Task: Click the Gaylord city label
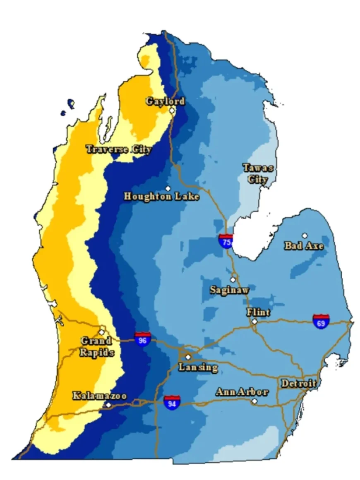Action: (165, 101)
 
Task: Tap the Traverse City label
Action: (118, 149)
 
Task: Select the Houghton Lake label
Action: (161, 196)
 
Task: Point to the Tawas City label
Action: (257, 173)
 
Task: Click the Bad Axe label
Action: (304, 246)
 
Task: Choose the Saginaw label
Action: (229, 290)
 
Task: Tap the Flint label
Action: (258, 312)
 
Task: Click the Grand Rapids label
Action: (96, 347)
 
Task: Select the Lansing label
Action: (198, 367)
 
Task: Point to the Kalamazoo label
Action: (99, 396)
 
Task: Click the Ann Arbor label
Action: (242, 392)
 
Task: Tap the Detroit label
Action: (299, 384)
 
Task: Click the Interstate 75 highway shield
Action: (226, 240)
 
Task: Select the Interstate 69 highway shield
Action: (321, 321)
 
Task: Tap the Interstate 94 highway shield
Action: (171, 402)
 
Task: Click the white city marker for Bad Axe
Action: (305, 235)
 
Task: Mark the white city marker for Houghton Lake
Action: (168, 188)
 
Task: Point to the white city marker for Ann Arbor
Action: (255, 401)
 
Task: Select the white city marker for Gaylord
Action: (172, 111)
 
